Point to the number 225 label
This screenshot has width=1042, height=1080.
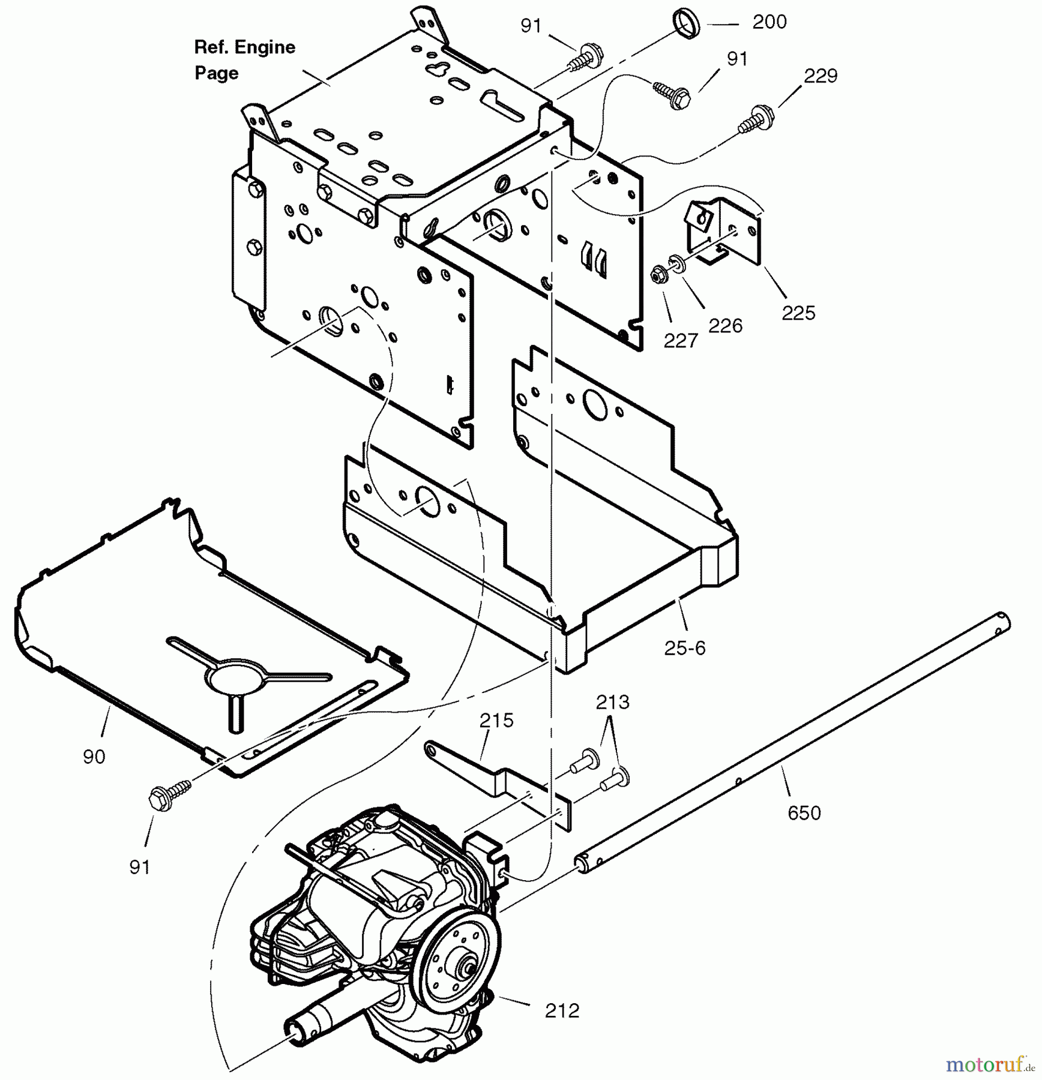[x=798, y=313]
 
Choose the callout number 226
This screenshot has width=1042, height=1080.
[x=725, y=326]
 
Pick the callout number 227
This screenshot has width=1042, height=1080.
[x=681, y=341]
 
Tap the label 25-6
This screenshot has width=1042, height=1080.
[x=685, y=648]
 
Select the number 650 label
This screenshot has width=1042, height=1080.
[x=804, y=813]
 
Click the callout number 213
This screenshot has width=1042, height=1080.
[x=612, y=702]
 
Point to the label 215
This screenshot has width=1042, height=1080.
[x=496, y=720]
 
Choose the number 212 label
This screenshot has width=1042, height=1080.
[x=562, y=1011]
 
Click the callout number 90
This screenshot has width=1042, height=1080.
[x=94, y=757]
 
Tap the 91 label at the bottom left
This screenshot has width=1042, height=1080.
[x=139, y=867]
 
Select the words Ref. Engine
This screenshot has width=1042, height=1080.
[x=244, y=47]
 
